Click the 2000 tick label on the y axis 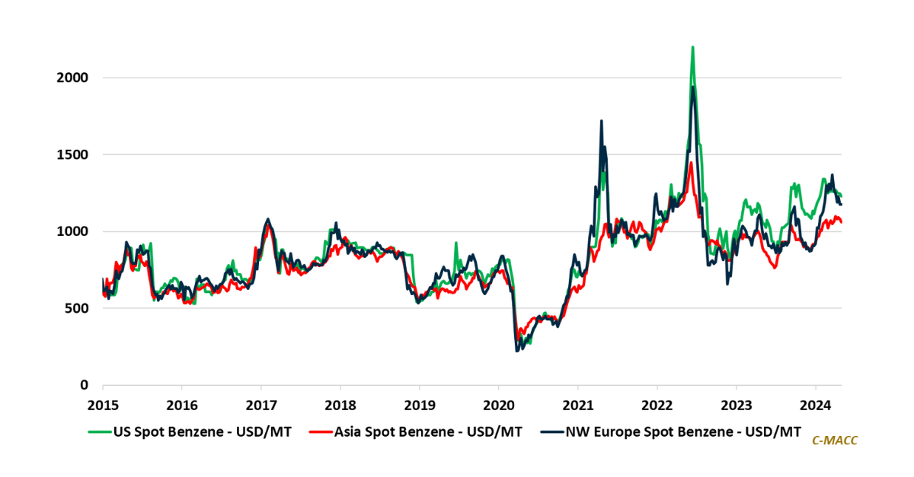(74, 78)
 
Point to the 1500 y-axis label (74, 154)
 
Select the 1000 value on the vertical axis (74, 231)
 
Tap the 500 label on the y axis (78, 308)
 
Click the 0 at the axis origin (85, 385)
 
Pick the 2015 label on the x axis (102, 405)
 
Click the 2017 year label (260, 405)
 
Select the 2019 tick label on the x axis (419, 405)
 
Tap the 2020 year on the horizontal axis (498, 405)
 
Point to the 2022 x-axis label (657, 405)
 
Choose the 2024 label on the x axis (815, 405)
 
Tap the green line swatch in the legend (98, 432)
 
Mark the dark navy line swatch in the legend (551, 432)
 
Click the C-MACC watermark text (835, 440)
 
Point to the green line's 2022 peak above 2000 (692, 47)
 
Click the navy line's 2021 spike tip (602, 120)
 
